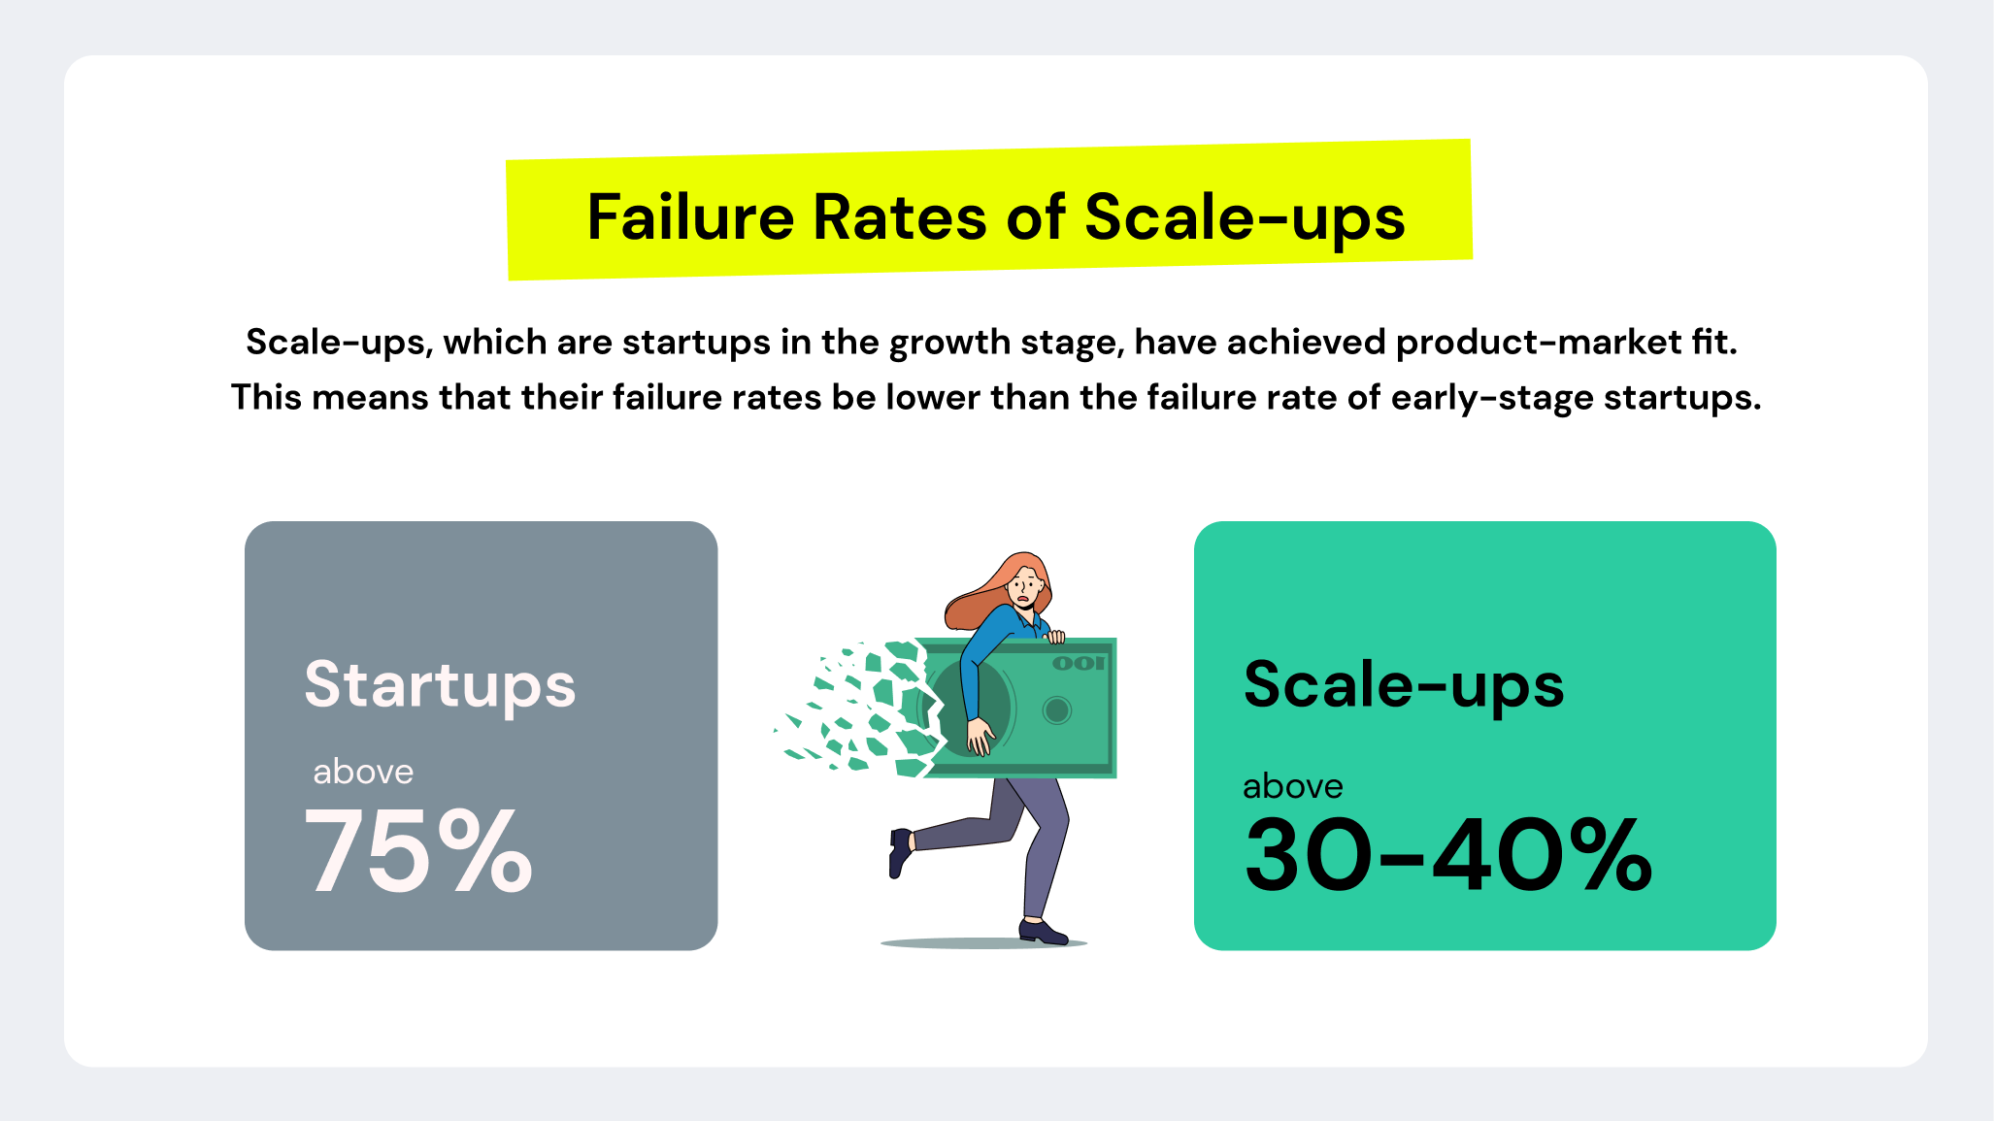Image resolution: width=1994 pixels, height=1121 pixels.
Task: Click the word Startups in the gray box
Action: [x=440, y=685]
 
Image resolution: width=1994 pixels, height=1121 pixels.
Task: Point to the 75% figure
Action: [x=418, y=852]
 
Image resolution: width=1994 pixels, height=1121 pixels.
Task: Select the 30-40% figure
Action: [x=1447, y=854]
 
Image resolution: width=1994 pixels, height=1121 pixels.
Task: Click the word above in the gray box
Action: [x=363, y=772]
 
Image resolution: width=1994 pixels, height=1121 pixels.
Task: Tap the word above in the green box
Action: [x=1293, y=786]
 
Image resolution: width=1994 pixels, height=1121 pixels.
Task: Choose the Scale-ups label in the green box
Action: [x=1404, y=685]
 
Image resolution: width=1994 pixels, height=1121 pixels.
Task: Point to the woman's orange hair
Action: [x=980, y=602]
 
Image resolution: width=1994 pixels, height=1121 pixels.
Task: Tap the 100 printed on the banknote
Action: [x=1079, y=663]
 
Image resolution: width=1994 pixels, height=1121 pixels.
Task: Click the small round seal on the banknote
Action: [x=1056, y=710]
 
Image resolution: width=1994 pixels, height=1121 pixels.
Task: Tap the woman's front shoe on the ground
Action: [x=1043, y=933]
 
